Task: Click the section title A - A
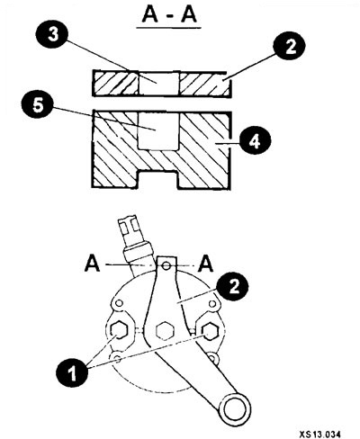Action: point(169,15)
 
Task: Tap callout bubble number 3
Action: point(53,35)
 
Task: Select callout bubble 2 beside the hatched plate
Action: point(289,47)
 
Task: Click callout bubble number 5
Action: point(38,105)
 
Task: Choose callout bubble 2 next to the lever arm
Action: point(233,286)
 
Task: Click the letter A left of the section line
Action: point(93,264)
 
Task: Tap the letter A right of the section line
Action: point(205,264)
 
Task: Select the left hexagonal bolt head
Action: point(119,331)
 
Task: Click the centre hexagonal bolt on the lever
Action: point(165,331)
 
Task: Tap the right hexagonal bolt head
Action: point(211,331)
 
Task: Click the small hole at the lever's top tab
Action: point(166,265)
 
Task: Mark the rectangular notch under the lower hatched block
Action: point(159,180)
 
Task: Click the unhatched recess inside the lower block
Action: point(158,130)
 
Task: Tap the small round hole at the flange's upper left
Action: point(119,303)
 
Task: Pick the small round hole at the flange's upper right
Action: point(212,304)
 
